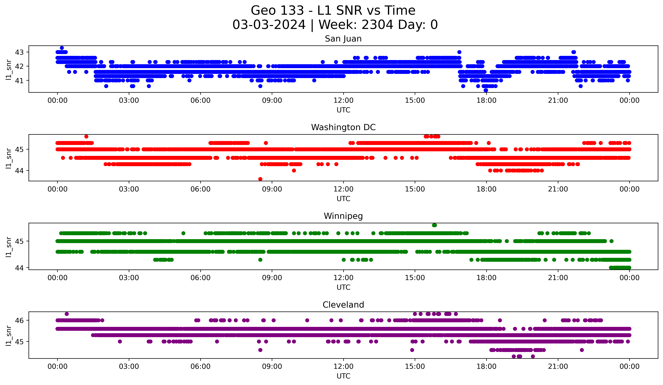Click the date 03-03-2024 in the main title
(269, 25)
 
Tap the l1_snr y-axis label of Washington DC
(9, 158)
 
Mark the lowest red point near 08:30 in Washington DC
(260, 179)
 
